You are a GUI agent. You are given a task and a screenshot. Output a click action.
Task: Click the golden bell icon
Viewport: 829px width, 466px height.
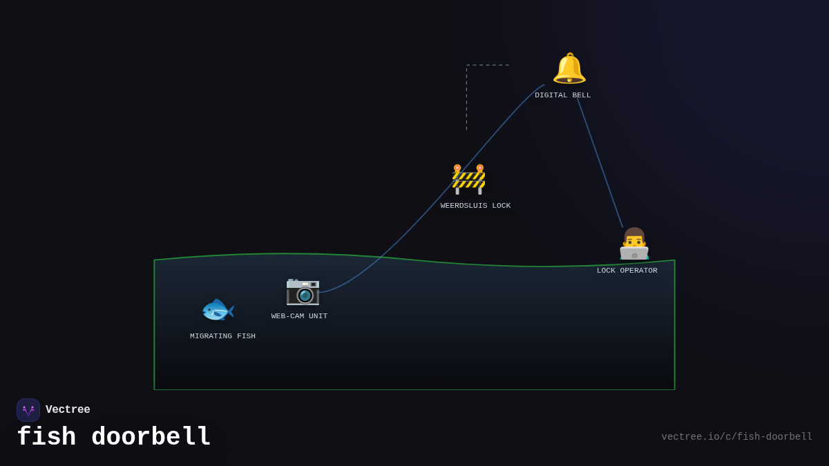569,68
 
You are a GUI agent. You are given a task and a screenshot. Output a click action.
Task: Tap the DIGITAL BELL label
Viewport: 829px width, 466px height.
562,95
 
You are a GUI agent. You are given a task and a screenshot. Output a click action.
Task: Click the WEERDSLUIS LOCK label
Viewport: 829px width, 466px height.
475,206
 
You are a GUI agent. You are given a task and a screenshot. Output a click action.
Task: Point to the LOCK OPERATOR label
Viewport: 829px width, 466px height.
627,271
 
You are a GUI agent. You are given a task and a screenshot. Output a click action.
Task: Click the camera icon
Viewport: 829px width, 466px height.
303,291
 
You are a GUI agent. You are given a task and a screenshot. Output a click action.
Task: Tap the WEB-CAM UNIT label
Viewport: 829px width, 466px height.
299,316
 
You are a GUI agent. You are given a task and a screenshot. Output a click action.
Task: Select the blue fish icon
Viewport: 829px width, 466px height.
217,310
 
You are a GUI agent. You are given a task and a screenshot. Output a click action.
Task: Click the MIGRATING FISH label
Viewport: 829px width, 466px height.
222,336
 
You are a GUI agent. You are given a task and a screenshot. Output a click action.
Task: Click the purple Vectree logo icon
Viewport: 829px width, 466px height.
28,410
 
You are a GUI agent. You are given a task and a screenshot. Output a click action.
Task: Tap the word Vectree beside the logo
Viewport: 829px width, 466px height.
68,410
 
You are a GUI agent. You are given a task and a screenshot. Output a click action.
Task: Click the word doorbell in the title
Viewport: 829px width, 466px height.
151,437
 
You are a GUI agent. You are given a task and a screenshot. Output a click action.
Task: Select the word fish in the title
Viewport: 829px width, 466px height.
46,437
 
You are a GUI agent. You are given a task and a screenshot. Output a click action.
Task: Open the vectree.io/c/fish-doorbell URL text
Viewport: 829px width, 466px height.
736,437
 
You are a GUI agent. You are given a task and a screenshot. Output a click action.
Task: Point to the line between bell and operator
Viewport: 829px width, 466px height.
600,163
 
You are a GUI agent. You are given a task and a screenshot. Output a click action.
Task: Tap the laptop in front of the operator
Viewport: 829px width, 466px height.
634,253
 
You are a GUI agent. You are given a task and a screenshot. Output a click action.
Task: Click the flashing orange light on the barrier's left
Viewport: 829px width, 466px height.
457,168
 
